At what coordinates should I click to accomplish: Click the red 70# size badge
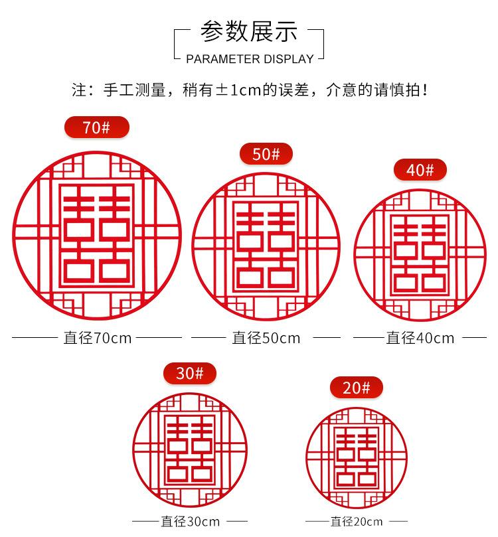[x=96, y=127]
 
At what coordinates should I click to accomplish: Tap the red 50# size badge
[x=266, y=154]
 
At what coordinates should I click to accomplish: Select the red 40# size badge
[x=420, y=170]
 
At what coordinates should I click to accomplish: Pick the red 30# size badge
[x=190, y=374]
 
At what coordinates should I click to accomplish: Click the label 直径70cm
[x=98, y=338]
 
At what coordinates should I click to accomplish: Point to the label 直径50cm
[x=266, y=338]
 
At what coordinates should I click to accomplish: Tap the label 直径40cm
[x=420, y=338]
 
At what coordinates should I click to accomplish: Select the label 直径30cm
[x=190, y=521]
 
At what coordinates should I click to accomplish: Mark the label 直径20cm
[x=357, y=521]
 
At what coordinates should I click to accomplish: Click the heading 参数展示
[x=249, y=32]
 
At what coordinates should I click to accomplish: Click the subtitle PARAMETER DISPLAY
[x=249, y=59]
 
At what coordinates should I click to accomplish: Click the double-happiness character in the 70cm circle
[x=97, y=236]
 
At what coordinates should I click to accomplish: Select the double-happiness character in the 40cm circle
[x=420, y=254]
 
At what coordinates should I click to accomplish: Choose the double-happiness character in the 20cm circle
[x=356, y=457]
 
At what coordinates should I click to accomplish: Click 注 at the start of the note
[x=79, y=90]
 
